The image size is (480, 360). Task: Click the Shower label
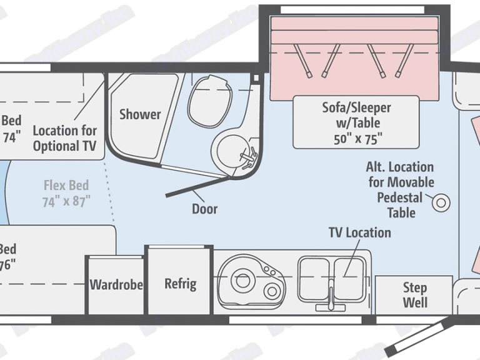point(140,114)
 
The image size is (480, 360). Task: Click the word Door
point(204,209)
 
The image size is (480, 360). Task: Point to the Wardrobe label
point(116,285)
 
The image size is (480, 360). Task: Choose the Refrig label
point(180,284)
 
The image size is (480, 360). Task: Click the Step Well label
point(414,295)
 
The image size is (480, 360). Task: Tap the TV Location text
point(360,232)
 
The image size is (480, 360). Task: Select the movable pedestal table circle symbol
point(442,201)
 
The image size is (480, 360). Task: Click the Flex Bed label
point(66,186)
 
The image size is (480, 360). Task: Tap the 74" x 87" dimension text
point(67,201)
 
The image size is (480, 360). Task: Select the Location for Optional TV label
point(65,138)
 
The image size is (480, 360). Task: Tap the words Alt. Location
point(401,167)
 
